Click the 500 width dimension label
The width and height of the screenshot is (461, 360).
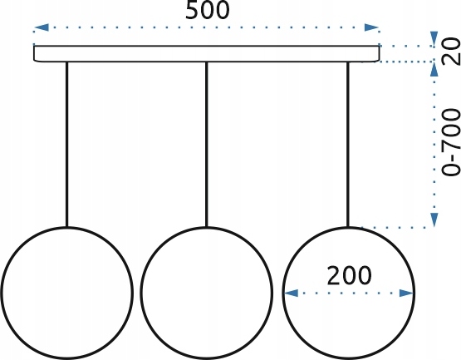click(208, 10)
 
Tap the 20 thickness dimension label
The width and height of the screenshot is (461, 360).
click(451, 52)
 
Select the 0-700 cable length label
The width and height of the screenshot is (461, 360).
click(451, 143)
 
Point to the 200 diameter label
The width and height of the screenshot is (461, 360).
click(349, 275)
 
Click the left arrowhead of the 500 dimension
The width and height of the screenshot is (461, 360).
click(42, 27)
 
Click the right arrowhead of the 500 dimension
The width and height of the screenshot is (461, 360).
click(371, 27)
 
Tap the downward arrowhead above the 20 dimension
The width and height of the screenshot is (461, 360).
click(434, 38)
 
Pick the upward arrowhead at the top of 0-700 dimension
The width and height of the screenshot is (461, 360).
click(434, 70)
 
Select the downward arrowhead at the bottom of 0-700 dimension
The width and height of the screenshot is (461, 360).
click(434, 219)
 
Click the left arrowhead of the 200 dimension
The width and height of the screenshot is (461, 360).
click(291, 293)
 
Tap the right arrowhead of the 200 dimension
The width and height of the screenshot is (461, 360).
click(407, 293)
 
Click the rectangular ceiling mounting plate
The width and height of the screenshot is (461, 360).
click(206, 54)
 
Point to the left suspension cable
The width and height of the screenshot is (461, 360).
click(67, 144)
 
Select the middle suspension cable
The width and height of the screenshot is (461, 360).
click(206, 144)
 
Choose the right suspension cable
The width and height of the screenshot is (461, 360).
click(348, 144)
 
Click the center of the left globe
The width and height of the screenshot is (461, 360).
click(67, 293)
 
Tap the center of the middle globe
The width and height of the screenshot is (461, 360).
click(206, 293)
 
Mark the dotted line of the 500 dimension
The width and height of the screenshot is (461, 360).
click(206, 27)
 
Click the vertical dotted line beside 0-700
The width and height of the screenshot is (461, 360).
click(434, 145)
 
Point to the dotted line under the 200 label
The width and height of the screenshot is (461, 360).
click(349, 293)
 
